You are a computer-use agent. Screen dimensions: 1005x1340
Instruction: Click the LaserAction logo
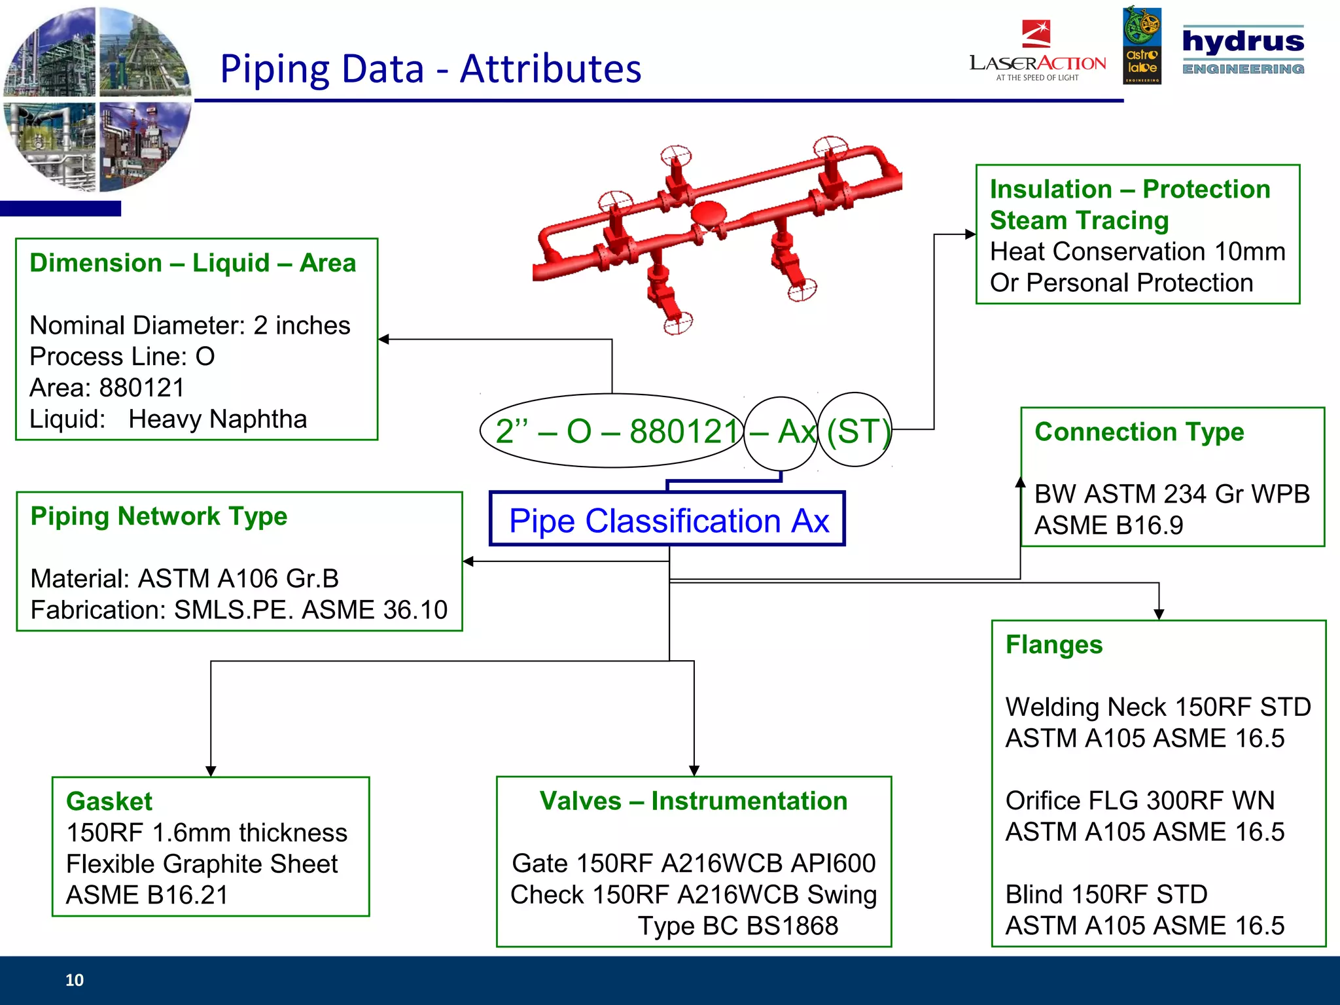pyautogui.click(x=1038, y=52)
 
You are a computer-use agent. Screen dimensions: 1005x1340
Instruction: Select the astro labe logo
pyautogui.click(x=1142, y=46)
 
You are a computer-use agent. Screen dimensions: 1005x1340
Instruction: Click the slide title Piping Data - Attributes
pyautogui.click(x=431, y=69)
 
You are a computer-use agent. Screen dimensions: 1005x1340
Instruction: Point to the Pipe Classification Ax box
pyautogui.click(x=667, y=520)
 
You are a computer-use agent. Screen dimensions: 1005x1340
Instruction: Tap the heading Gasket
pyautogui.click(x=109, y=801)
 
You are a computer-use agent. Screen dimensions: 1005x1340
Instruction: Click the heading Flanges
pyautogui.click(x=1053, y=644)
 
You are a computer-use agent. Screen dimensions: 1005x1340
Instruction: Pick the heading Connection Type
pyautogui.click(x=1139, y=432)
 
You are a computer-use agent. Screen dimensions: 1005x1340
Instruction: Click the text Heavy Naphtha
pyautogui.click(x=217, y=419)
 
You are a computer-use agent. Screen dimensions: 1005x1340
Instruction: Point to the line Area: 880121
pyautogui.click(x=107, y=387)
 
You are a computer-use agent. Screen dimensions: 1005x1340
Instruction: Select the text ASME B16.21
pyautogui.click(x=147, y=894)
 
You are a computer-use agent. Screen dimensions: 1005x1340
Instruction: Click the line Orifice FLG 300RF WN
pyautogui.click(x=1140, y=800)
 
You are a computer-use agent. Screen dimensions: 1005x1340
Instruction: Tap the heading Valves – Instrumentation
pyautogui.click(x=693, y=801)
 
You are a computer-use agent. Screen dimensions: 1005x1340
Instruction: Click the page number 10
pyautogui.click(x=75, y=979)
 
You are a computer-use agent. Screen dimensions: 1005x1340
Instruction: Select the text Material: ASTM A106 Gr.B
pyautogui.click(x=185, y=578)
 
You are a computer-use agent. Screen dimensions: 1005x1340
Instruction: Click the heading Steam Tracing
pyautogui.click(x=1079, y=220)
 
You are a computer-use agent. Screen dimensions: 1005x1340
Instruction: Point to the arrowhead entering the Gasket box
pyautogui.click(x=211, y=771)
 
